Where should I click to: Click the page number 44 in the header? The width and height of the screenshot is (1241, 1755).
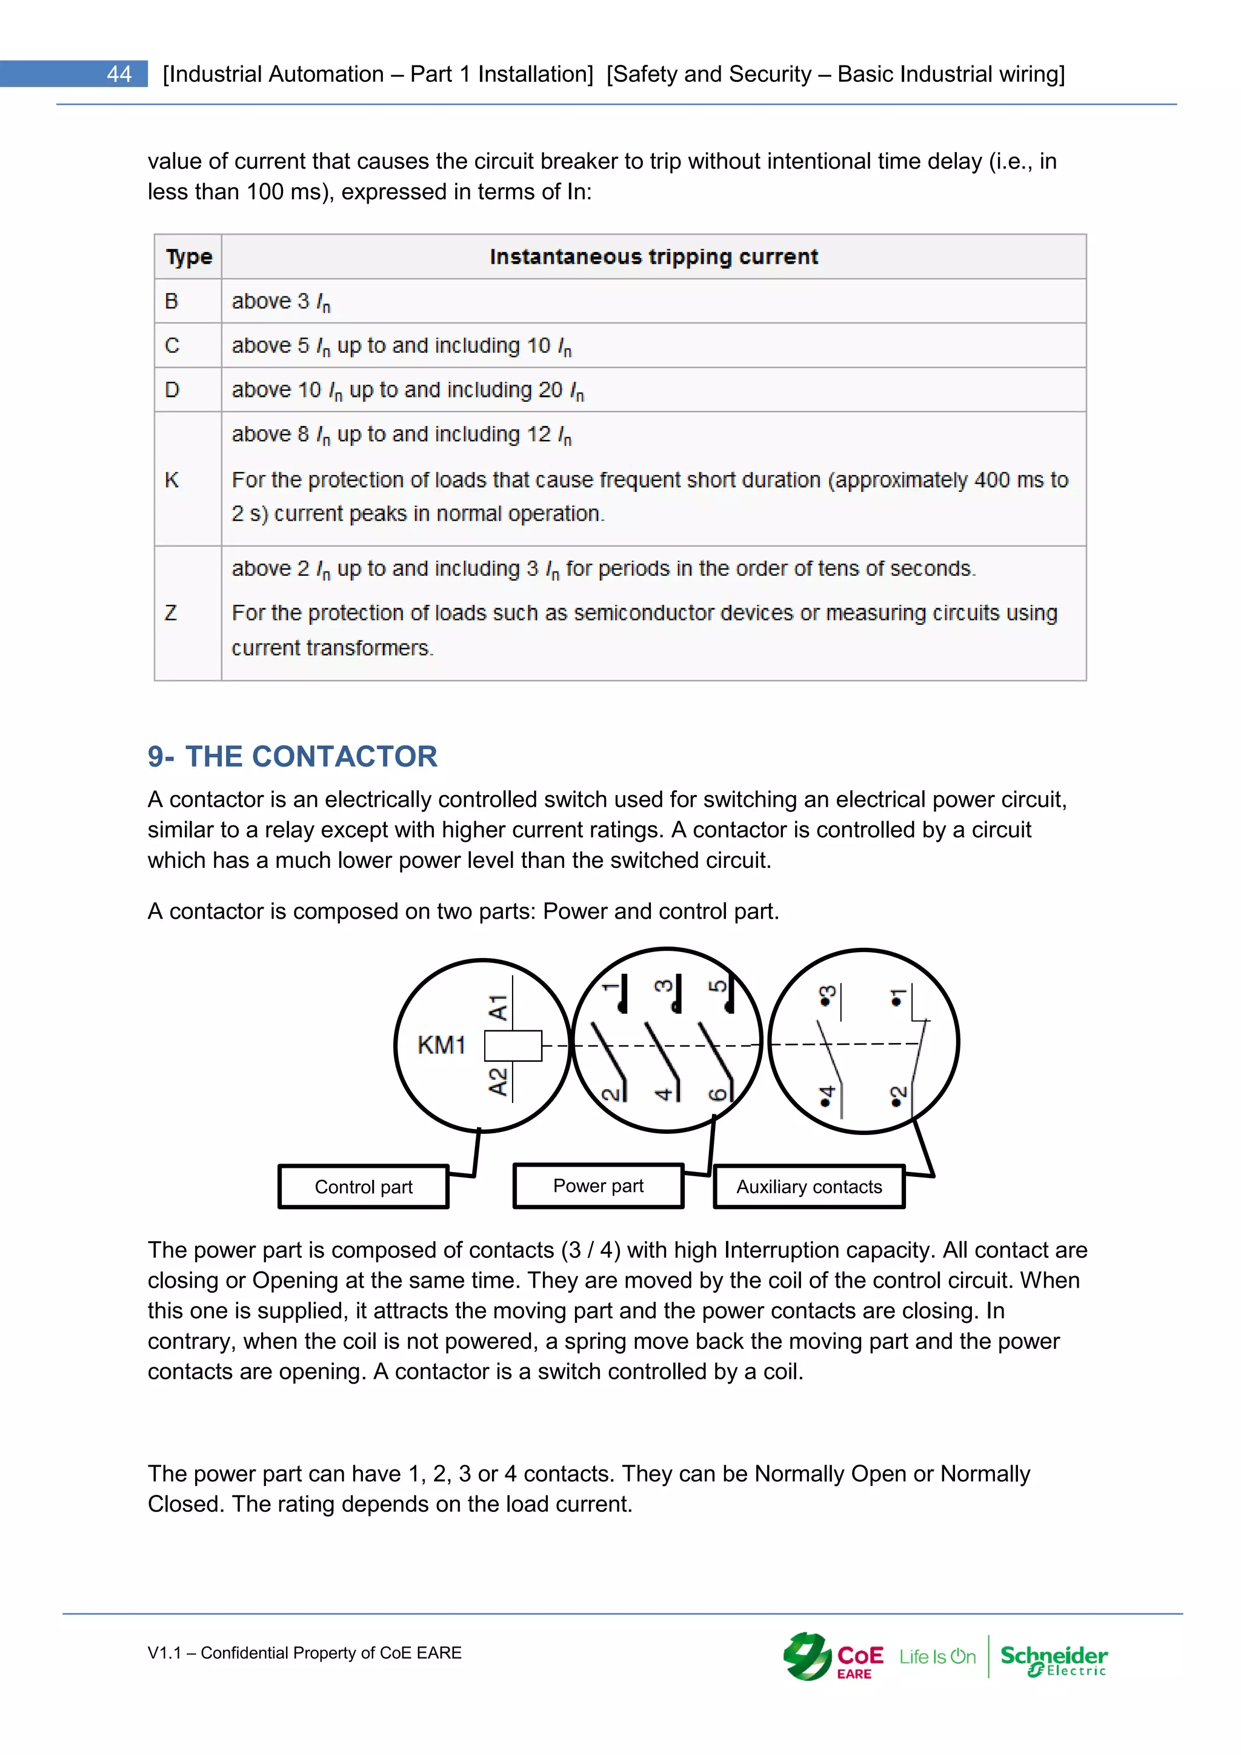point(119,74)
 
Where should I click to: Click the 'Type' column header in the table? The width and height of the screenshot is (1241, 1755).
point(188,257)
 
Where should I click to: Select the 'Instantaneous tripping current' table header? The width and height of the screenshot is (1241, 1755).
point(653,257)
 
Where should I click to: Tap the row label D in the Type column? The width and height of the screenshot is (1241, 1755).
point(172,390)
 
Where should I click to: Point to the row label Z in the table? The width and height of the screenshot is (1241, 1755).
point(171,613)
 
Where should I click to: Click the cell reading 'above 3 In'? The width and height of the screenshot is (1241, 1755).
point(281,302)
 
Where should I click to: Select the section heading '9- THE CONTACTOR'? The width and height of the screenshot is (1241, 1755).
point(292,757)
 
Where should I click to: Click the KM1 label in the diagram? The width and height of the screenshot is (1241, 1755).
point(441,1045)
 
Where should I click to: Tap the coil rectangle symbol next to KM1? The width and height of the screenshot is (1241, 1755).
point(513,1045)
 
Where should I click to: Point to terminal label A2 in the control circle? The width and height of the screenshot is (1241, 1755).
point(497,1082)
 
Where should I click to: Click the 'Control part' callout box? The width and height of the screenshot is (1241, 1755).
point(364,1187)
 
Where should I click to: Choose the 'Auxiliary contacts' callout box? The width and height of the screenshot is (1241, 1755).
point(809,1187)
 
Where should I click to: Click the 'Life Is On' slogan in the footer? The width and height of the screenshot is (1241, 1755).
point(937,1657)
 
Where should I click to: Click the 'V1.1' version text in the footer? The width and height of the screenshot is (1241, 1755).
point(164,1653)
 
